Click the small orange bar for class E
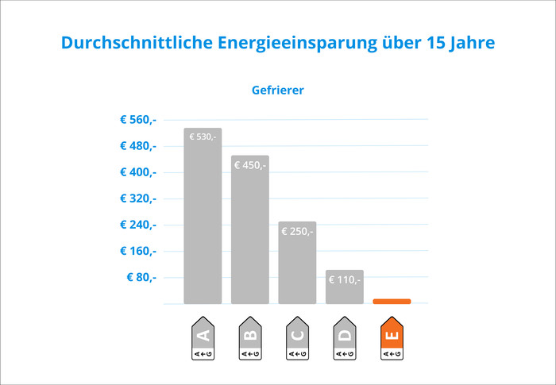(392, 302)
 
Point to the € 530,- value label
(203, 137)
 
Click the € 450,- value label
(250, 165)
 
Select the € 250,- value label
(297, 231)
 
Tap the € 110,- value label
(344, 279)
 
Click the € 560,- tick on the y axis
(138, 120)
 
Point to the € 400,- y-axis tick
(138, 172)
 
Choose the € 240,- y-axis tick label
(138, 225)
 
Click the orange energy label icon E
(392, 338)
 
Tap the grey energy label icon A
(203, 338)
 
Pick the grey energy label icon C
(297, 338)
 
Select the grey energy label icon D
(344, 338)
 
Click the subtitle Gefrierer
(278, 90)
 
